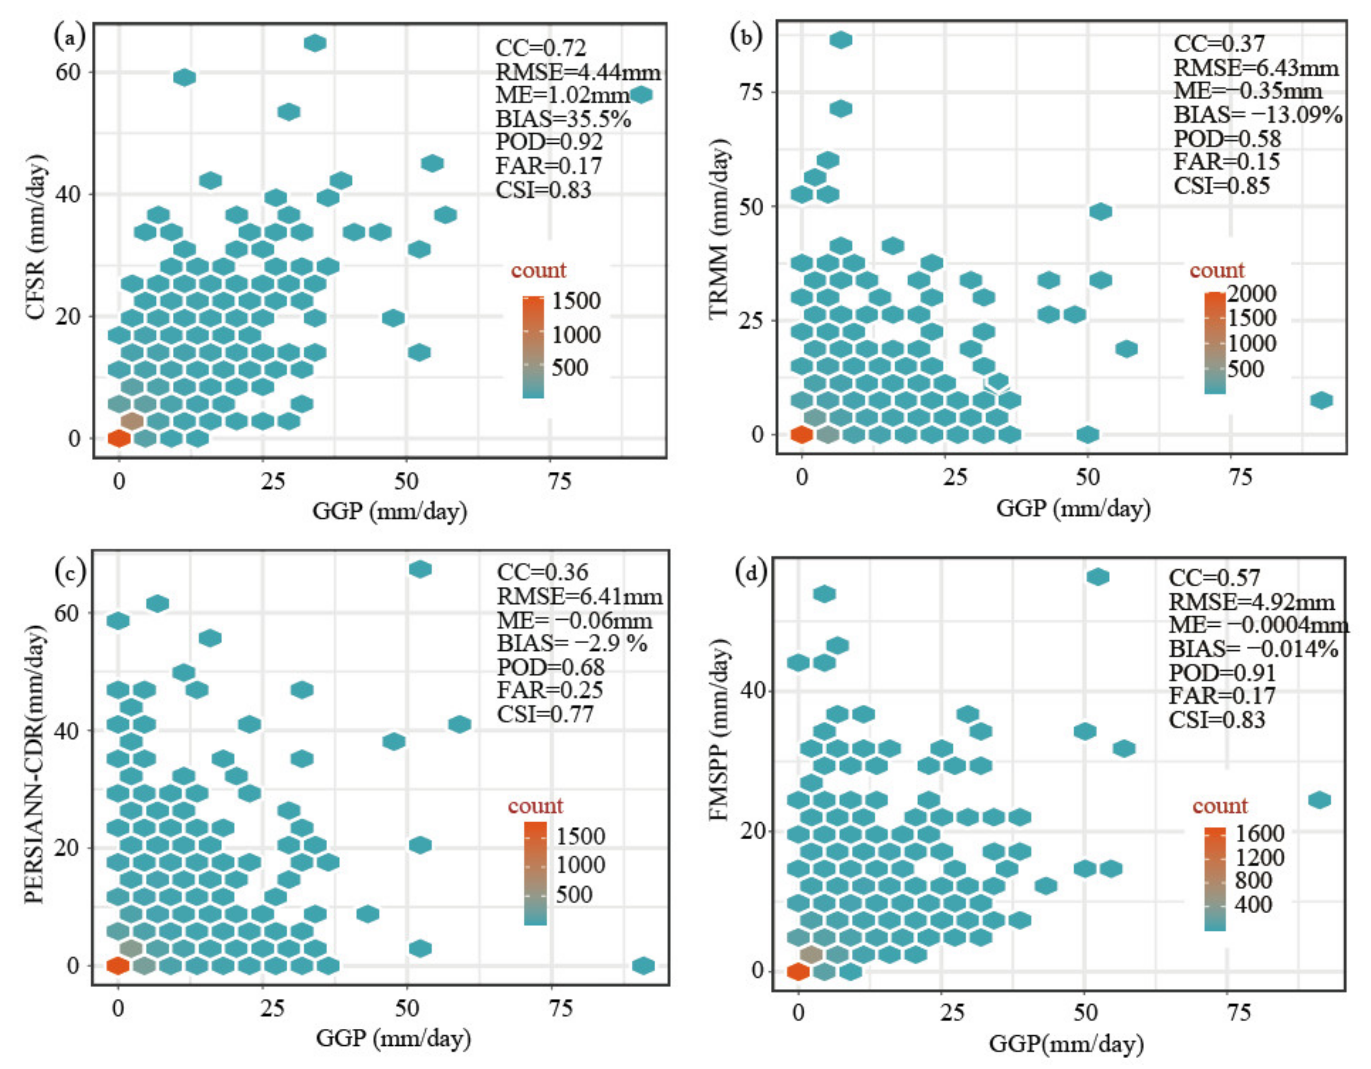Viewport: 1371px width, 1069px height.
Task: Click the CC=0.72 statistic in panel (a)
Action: (541, 48)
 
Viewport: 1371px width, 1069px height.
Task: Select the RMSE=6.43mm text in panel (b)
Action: (1256, 68)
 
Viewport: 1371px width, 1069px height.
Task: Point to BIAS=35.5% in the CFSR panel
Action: (563, 119)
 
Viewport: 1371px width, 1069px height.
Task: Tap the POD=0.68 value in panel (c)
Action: (551, 667)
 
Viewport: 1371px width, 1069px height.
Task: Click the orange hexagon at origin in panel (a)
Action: (119, 438)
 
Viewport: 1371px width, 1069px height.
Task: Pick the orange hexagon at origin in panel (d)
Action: (798, 971)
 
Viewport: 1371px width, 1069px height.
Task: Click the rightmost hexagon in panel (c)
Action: (643, 966)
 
